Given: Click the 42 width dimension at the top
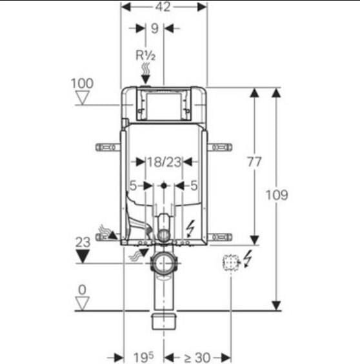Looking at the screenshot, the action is coord(163,7).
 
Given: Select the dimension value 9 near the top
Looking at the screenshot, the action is coord(155,28).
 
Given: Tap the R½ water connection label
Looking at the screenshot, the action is coord(145,56).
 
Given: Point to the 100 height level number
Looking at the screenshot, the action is coord(82,83).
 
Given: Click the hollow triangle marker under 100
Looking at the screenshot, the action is coord(83,97).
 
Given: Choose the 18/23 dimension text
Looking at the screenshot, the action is coord(164,162).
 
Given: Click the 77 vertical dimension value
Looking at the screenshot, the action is coord(254,162).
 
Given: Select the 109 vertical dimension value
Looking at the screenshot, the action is coord(277,195).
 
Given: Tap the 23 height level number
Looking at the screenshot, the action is coord(83,242).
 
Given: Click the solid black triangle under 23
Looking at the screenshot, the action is coord(83,256).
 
